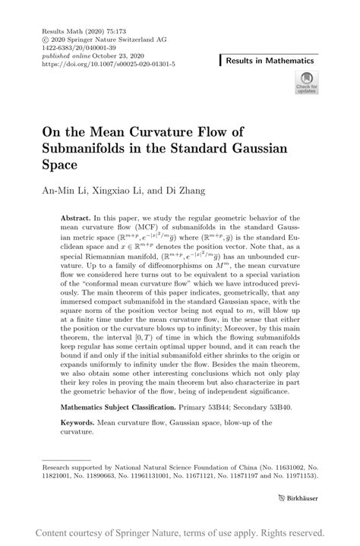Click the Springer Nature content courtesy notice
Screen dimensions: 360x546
180,532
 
